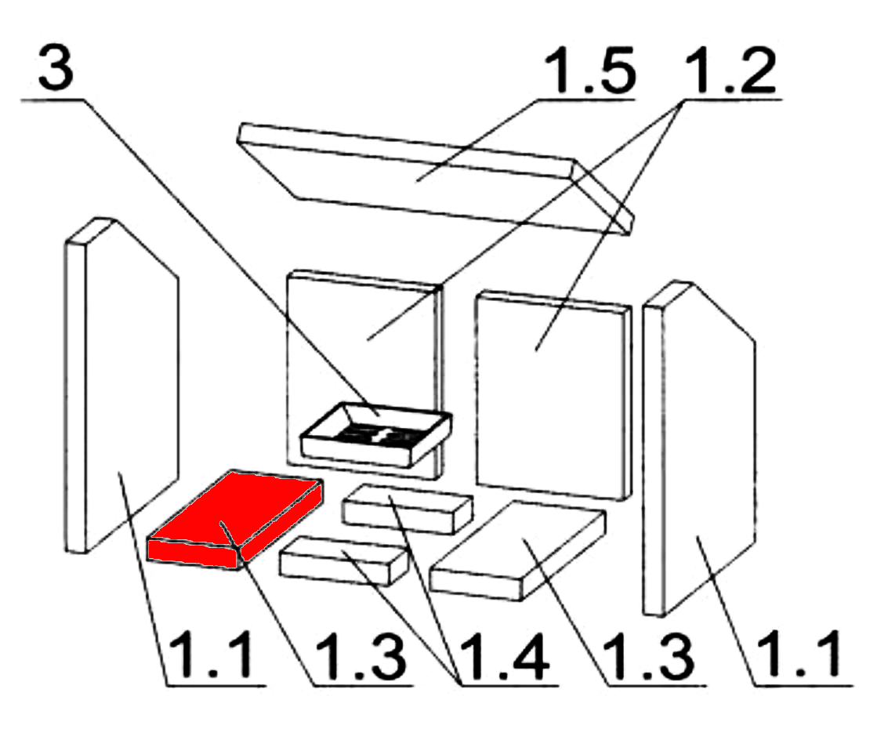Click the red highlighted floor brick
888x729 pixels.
click(x=235, y=518)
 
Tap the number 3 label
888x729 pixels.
click(x=56, y=67)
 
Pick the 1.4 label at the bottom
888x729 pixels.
click(x=504, y=656)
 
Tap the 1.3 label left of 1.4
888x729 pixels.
click(x=361, y=656)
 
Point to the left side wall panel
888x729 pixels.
click(x=121, y=385)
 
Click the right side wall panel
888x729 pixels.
click(x=699, y=448)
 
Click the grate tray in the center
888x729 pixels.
click(x=375, y=435)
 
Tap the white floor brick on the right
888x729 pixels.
click(x=518, y=549)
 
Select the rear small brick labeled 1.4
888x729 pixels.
click(x=407, y=509)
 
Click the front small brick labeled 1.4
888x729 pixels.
click(x=343, y=560)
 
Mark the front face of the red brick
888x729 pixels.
click(x=193, y=553)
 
